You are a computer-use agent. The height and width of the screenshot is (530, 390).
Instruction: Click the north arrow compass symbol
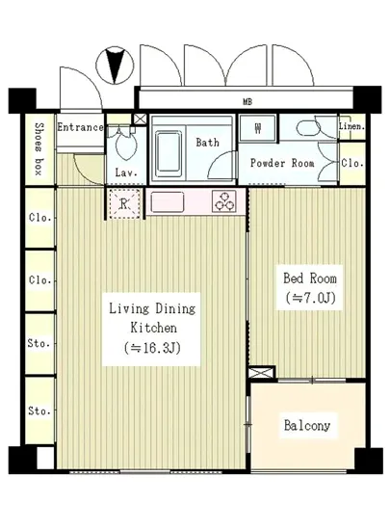115,66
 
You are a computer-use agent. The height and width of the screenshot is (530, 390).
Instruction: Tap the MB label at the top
247,101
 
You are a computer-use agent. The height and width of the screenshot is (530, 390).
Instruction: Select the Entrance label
80,127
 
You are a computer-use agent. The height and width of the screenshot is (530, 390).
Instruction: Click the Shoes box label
39,149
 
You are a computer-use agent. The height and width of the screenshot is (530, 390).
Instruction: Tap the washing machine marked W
258,128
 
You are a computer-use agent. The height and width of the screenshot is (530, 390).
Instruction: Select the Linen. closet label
351,126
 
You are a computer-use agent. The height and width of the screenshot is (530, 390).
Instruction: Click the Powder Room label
282,163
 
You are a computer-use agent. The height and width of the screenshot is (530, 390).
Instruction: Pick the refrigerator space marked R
124,204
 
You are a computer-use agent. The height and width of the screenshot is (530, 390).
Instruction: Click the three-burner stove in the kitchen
223,201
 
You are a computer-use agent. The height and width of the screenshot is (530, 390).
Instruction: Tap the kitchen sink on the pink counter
168,201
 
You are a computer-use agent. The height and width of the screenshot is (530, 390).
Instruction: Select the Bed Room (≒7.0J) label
310,288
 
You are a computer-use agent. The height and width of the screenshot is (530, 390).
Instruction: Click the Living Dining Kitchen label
152,328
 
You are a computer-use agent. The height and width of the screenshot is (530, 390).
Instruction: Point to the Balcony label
307,425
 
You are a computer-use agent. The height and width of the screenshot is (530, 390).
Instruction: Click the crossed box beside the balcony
261,373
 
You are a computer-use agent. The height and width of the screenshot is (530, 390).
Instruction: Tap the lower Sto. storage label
39,411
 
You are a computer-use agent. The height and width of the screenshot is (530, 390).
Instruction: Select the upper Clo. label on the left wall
40,217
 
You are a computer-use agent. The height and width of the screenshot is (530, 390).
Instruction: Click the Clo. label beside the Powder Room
352,163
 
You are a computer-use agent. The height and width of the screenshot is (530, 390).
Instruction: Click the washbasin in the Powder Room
308,128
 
